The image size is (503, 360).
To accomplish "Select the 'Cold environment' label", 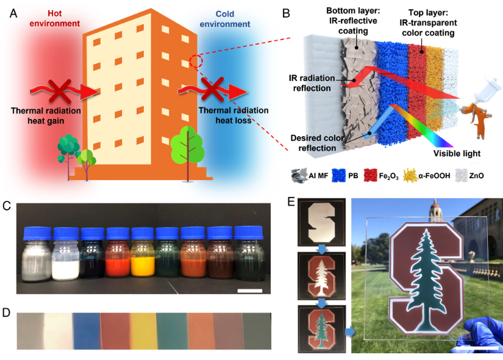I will pos(227,18).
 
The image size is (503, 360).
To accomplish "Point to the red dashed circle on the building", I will pos(196,62).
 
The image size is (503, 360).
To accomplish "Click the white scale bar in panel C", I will pos(249,291).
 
